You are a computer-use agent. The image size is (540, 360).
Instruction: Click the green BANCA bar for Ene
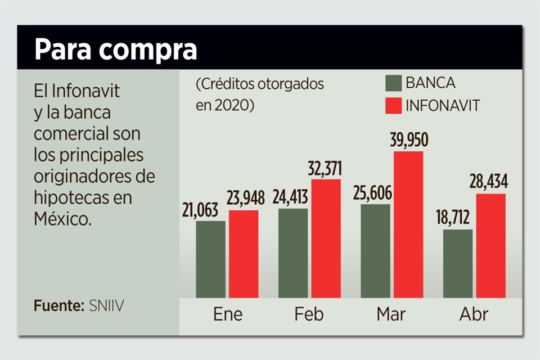point(211,259)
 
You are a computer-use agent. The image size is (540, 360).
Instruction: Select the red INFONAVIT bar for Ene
point(244,254)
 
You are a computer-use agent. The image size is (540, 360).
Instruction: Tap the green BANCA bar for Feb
point(293,253)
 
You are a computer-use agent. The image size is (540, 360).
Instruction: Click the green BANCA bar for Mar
point(375,250)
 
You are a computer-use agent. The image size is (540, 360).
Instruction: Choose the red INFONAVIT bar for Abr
point(490,245)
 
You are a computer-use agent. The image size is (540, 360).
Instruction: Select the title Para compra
point(115,50)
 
